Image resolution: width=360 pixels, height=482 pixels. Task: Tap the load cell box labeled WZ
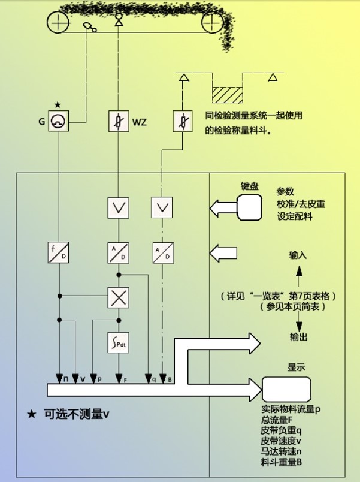pyautogui.click(x=117, y=122)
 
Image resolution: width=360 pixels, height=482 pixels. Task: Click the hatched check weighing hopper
pyautogui.click(x=227, y=94)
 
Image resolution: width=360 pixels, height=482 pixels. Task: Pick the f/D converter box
pyautogui.click(x=59, y=252)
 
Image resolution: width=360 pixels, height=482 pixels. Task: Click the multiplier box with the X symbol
pyautogui.click(x=117, y=296)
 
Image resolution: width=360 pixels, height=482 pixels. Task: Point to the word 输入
pyautogui.click(x=298, y=255)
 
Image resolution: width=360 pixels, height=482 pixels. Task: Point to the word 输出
pyautogui.click(x=299, y=337)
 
